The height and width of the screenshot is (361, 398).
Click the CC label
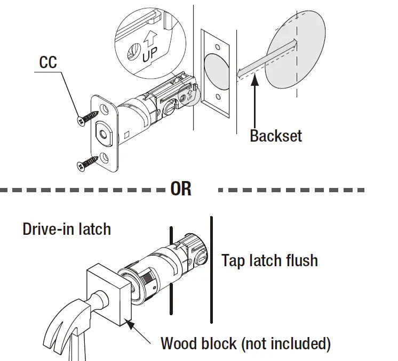click(47, 63)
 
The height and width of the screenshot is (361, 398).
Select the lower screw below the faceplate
click(88, 162)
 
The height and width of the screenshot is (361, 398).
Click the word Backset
click(275, 136)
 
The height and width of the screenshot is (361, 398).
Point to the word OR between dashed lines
click(181, 189)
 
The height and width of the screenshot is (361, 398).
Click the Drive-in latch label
click(67, 229)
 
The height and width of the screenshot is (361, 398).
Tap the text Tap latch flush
click(269, 260)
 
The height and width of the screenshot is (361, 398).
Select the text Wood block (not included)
click(245, 343)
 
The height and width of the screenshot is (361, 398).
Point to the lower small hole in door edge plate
click(218, 97)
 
